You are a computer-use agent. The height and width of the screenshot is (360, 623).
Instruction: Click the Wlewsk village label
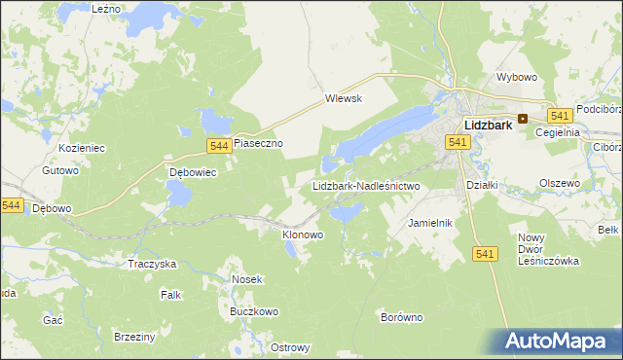tap(343, 98)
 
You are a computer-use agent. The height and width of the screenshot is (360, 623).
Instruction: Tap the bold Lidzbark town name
tap(491, 126)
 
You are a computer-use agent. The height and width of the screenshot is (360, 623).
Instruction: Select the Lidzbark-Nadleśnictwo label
tap(365, 185)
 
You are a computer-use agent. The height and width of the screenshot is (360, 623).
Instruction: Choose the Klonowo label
tap(302, 234)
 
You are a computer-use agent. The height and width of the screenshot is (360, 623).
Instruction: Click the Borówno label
tap(401, 317)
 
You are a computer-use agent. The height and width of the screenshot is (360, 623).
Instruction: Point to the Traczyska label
tap(152, 264)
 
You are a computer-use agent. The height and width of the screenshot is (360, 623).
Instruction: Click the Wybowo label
tap(517, 77)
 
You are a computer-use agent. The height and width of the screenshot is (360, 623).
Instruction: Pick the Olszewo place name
tap(560, 183)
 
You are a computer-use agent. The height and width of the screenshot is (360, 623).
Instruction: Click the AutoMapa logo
tap(559, 342)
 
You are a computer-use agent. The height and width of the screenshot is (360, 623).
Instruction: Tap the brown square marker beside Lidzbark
tap(523, 119)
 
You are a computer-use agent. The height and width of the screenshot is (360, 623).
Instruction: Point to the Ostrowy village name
tap(290, 348)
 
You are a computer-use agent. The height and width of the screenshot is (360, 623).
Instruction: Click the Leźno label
tap(105, 8)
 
